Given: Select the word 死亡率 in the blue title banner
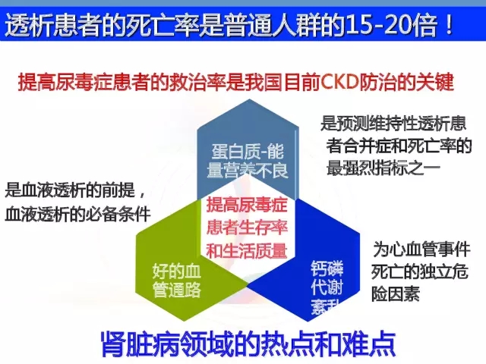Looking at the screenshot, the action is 163,24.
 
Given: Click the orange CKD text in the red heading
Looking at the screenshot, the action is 339,83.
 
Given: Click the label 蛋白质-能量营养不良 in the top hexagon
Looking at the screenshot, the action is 248,161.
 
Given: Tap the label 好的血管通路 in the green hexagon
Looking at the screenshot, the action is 177,281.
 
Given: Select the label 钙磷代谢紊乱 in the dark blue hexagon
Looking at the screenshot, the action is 327,288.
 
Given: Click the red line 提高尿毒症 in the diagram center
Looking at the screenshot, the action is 247,205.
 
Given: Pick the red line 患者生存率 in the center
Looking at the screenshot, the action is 247,227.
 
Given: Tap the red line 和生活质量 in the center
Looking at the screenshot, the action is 247,250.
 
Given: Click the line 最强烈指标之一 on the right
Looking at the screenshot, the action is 383,168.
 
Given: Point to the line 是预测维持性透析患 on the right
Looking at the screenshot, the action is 393,123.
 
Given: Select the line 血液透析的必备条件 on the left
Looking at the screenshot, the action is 77,214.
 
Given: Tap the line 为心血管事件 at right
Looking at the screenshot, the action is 421,249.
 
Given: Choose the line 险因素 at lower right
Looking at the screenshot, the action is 396,293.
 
